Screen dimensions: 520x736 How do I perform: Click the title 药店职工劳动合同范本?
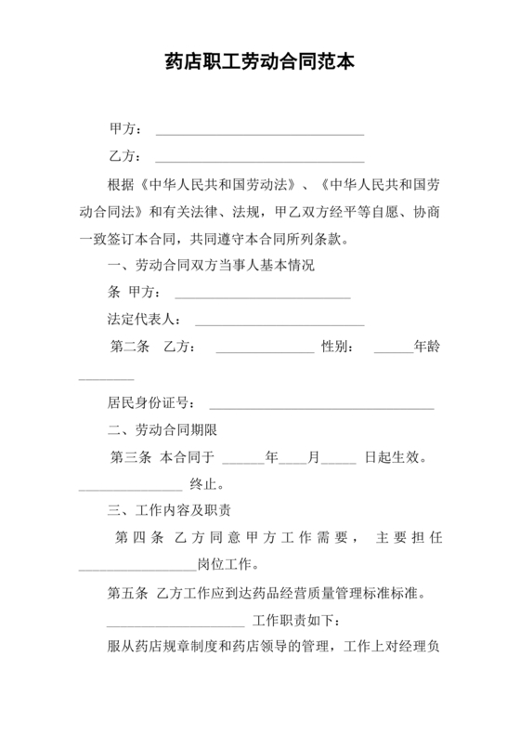click(259, 62)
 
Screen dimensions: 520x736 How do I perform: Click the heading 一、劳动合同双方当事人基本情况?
click(212, 265)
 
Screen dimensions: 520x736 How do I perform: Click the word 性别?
click(335, 348)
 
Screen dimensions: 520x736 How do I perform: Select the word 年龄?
click(427, 348)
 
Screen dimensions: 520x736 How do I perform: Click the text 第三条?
click(131, 457)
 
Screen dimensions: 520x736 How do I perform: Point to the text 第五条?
click(130, 594)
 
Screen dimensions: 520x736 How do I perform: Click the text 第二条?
click(131, 348)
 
